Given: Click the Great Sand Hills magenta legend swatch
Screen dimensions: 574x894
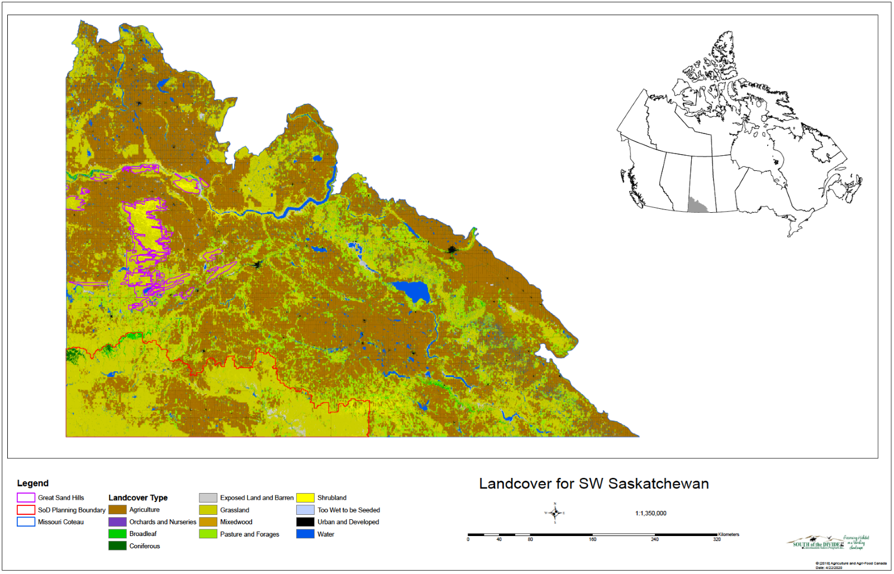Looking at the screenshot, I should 26,498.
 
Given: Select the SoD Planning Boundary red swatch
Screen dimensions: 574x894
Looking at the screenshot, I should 26,510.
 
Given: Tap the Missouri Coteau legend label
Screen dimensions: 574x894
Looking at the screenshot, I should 60,522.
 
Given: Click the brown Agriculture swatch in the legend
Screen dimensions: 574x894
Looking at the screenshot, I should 117,510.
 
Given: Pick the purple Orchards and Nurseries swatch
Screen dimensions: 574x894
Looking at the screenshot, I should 117,522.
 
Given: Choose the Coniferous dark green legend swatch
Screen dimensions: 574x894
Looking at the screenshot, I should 117,546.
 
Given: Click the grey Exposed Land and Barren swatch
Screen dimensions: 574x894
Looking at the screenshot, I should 208,498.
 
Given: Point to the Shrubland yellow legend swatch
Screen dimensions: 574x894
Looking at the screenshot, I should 305,498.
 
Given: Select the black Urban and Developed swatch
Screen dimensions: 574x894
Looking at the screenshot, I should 305,522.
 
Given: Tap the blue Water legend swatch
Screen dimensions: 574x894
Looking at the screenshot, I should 305,534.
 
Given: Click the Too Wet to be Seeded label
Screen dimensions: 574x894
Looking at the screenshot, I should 349,510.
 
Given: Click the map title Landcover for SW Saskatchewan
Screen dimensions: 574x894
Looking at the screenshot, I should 593,484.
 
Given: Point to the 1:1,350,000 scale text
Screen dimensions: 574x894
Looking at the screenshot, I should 650,513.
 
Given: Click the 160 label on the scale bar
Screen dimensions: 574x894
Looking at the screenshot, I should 592,539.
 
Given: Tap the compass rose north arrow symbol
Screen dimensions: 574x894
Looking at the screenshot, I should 555,513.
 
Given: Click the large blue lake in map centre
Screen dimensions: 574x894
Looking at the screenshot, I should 411,291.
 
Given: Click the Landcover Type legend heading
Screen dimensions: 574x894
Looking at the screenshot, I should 138,498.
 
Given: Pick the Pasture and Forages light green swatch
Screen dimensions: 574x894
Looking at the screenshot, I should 208,534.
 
